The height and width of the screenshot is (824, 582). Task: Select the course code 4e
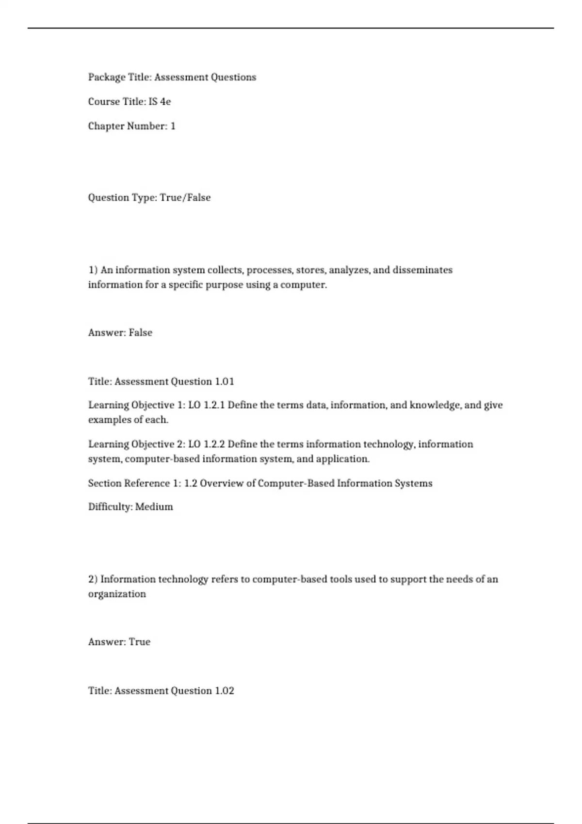(165, 102)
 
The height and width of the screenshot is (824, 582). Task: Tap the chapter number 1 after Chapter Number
(173, 126)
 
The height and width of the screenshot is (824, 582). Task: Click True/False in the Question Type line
(185, 198)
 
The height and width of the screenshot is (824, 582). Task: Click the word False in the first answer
(141, 333)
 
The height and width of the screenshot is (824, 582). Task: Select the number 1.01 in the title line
(225, 382)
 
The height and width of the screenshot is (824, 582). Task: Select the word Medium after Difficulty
(154, 507)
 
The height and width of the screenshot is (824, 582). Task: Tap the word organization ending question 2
(117, 594)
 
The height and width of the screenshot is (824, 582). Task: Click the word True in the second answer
(140, 642)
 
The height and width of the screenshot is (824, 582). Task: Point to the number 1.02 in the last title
(225, 691)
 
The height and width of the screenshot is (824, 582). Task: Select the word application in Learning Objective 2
(342, 459)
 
